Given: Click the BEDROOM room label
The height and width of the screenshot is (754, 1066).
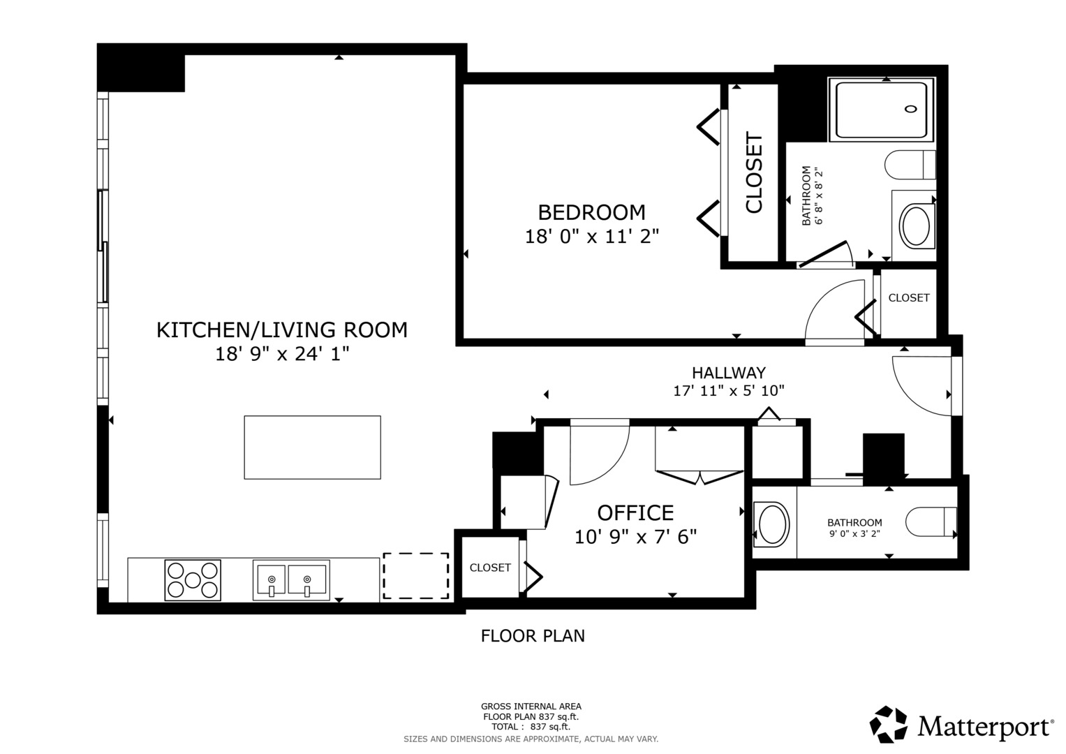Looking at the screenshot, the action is coord(591,212).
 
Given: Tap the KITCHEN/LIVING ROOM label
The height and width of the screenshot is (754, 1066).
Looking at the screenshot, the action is coord(282,330).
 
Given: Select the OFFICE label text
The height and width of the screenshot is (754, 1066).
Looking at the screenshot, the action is coord(635,513).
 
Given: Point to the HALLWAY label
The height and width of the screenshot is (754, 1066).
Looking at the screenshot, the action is coord(729,372).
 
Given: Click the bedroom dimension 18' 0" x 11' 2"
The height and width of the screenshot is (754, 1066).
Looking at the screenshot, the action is coord(591,236).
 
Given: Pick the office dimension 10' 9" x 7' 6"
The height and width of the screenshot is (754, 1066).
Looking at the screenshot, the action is coord(635,537).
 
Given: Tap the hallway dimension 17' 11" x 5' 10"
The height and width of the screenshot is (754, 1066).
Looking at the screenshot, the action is coord(729,391).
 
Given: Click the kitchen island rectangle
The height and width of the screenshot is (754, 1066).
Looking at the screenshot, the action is coord(312,448).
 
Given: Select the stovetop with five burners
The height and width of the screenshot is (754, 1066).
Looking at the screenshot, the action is coord(193,579).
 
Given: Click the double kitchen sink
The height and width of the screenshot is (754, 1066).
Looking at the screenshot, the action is coord(291,579).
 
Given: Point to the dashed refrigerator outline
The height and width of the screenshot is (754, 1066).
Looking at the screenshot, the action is coord(416,575).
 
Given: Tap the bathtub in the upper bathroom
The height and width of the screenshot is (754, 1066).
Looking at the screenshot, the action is coord(882,110).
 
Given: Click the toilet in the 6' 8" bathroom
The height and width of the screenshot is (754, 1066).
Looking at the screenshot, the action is coord(910,165).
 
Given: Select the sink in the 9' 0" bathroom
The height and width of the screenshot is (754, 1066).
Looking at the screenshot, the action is coord(771,524).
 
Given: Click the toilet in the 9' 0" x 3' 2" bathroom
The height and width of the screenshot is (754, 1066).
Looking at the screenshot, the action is coord(931,522).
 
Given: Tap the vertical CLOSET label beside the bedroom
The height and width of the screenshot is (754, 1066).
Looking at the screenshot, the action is coord(754,172).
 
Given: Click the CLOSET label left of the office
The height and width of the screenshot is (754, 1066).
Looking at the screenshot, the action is coord(490,568).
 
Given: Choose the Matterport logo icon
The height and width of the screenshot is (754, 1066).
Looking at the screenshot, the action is coord(889,725).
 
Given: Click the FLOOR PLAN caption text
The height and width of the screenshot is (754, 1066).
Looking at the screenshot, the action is coord(533,636).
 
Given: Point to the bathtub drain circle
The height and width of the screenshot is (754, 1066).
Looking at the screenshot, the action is coord(910,109).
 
